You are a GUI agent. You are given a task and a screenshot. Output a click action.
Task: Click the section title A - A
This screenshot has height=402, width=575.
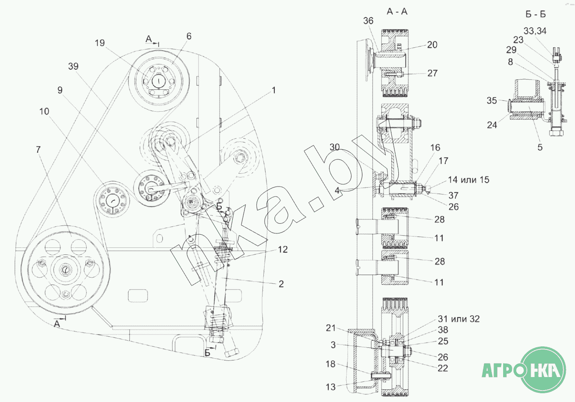pos(397,12)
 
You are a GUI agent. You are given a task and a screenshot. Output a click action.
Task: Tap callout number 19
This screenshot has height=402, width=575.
pos(99,43)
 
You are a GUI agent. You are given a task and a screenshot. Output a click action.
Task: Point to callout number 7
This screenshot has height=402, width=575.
pos(38,150)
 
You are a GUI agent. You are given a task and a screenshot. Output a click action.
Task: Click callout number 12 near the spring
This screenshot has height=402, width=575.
pos(282,250)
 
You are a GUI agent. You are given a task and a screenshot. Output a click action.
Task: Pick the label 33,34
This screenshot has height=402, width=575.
pos(534,30)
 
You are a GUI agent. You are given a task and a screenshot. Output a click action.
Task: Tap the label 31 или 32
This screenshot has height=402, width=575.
pos(458,319)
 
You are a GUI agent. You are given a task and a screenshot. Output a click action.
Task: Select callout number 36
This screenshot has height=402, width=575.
pos(369,21)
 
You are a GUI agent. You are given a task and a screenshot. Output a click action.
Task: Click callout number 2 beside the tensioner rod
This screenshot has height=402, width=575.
pos(280,284)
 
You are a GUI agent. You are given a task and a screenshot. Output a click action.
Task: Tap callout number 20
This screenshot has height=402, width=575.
pos(432,45)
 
